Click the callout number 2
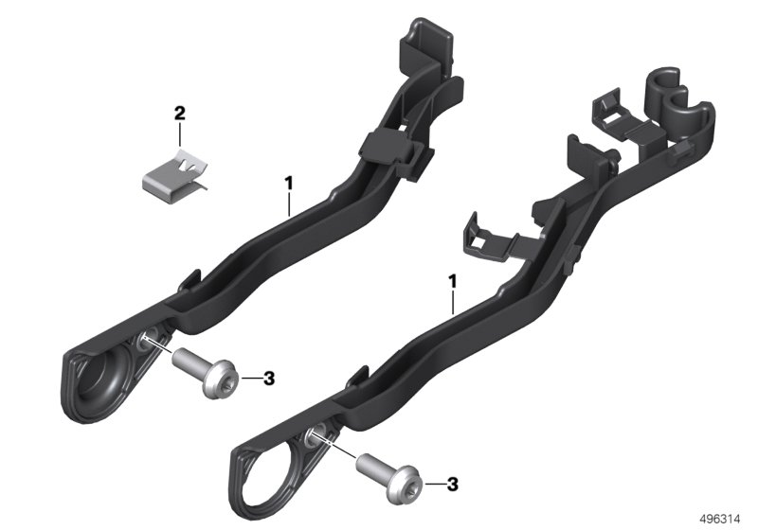pyautogui.click(x=179, y=114)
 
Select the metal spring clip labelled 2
pyautogui.click(x=176, y=177)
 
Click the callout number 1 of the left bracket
pyautogui.click(x=289, y=184)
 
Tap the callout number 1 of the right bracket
pyautogui.click(x=453, y=281)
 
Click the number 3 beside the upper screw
pyautogui.click(x=269, y=379)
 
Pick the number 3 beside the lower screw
pyautogui.click(x=452, y=485)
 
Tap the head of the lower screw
pyautogui.click(x=406, y=486)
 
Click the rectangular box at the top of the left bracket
pyautogui.click(x=425, y=45)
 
